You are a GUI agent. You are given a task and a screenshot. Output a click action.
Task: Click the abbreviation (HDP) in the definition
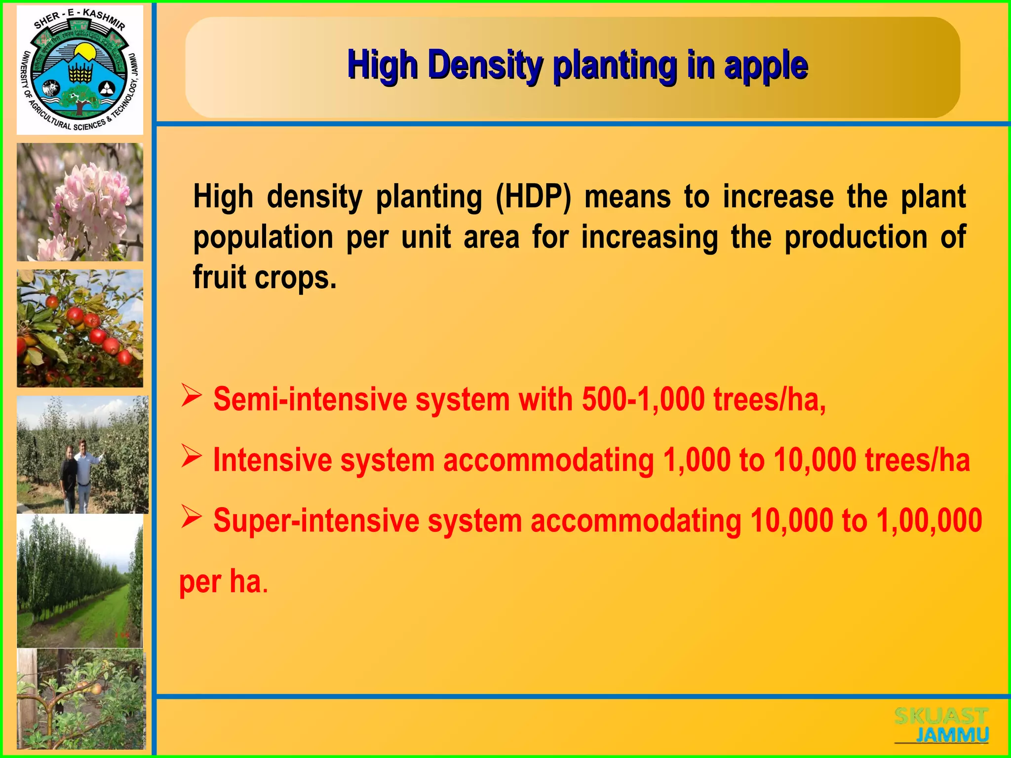533,197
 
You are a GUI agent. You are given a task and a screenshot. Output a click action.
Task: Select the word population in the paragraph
263,237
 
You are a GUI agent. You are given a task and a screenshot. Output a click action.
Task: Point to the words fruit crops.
265,277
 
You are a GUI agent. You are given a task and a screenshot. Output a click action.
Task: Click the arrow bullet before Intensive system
191,456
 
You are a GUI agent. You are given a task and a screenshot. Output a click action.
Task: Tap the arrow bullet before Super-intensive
191,517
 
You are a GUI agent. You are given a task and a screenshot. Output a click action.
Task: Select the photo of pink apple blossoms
80,202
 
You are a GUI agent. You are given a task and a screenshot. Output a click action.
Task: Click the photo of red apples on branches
80,328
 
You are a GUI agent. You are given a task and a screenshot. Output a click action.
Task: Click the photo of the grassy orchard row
80,581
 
